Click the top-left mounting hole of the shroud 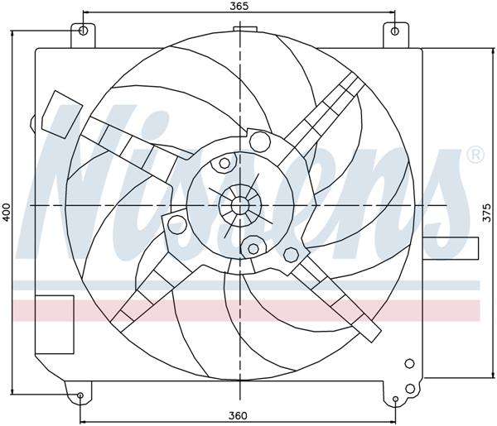click(82, 31)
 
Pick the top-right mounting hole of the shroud click(394, 31)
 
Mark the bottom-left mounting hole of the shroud click(80, 396)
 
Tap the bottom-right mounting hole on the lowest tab click(396, 400)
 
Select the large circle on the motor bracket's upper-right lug click(258, 140)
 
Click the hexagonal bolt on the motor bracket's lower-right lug click(291, 253)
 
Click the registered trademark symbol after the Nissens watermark click(475, 154)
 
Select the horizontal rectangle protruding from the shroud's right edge click(449, 247)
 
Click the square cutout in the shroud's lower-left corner click(55, 314)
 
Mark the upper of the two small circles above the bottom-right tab click(409, 363)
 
